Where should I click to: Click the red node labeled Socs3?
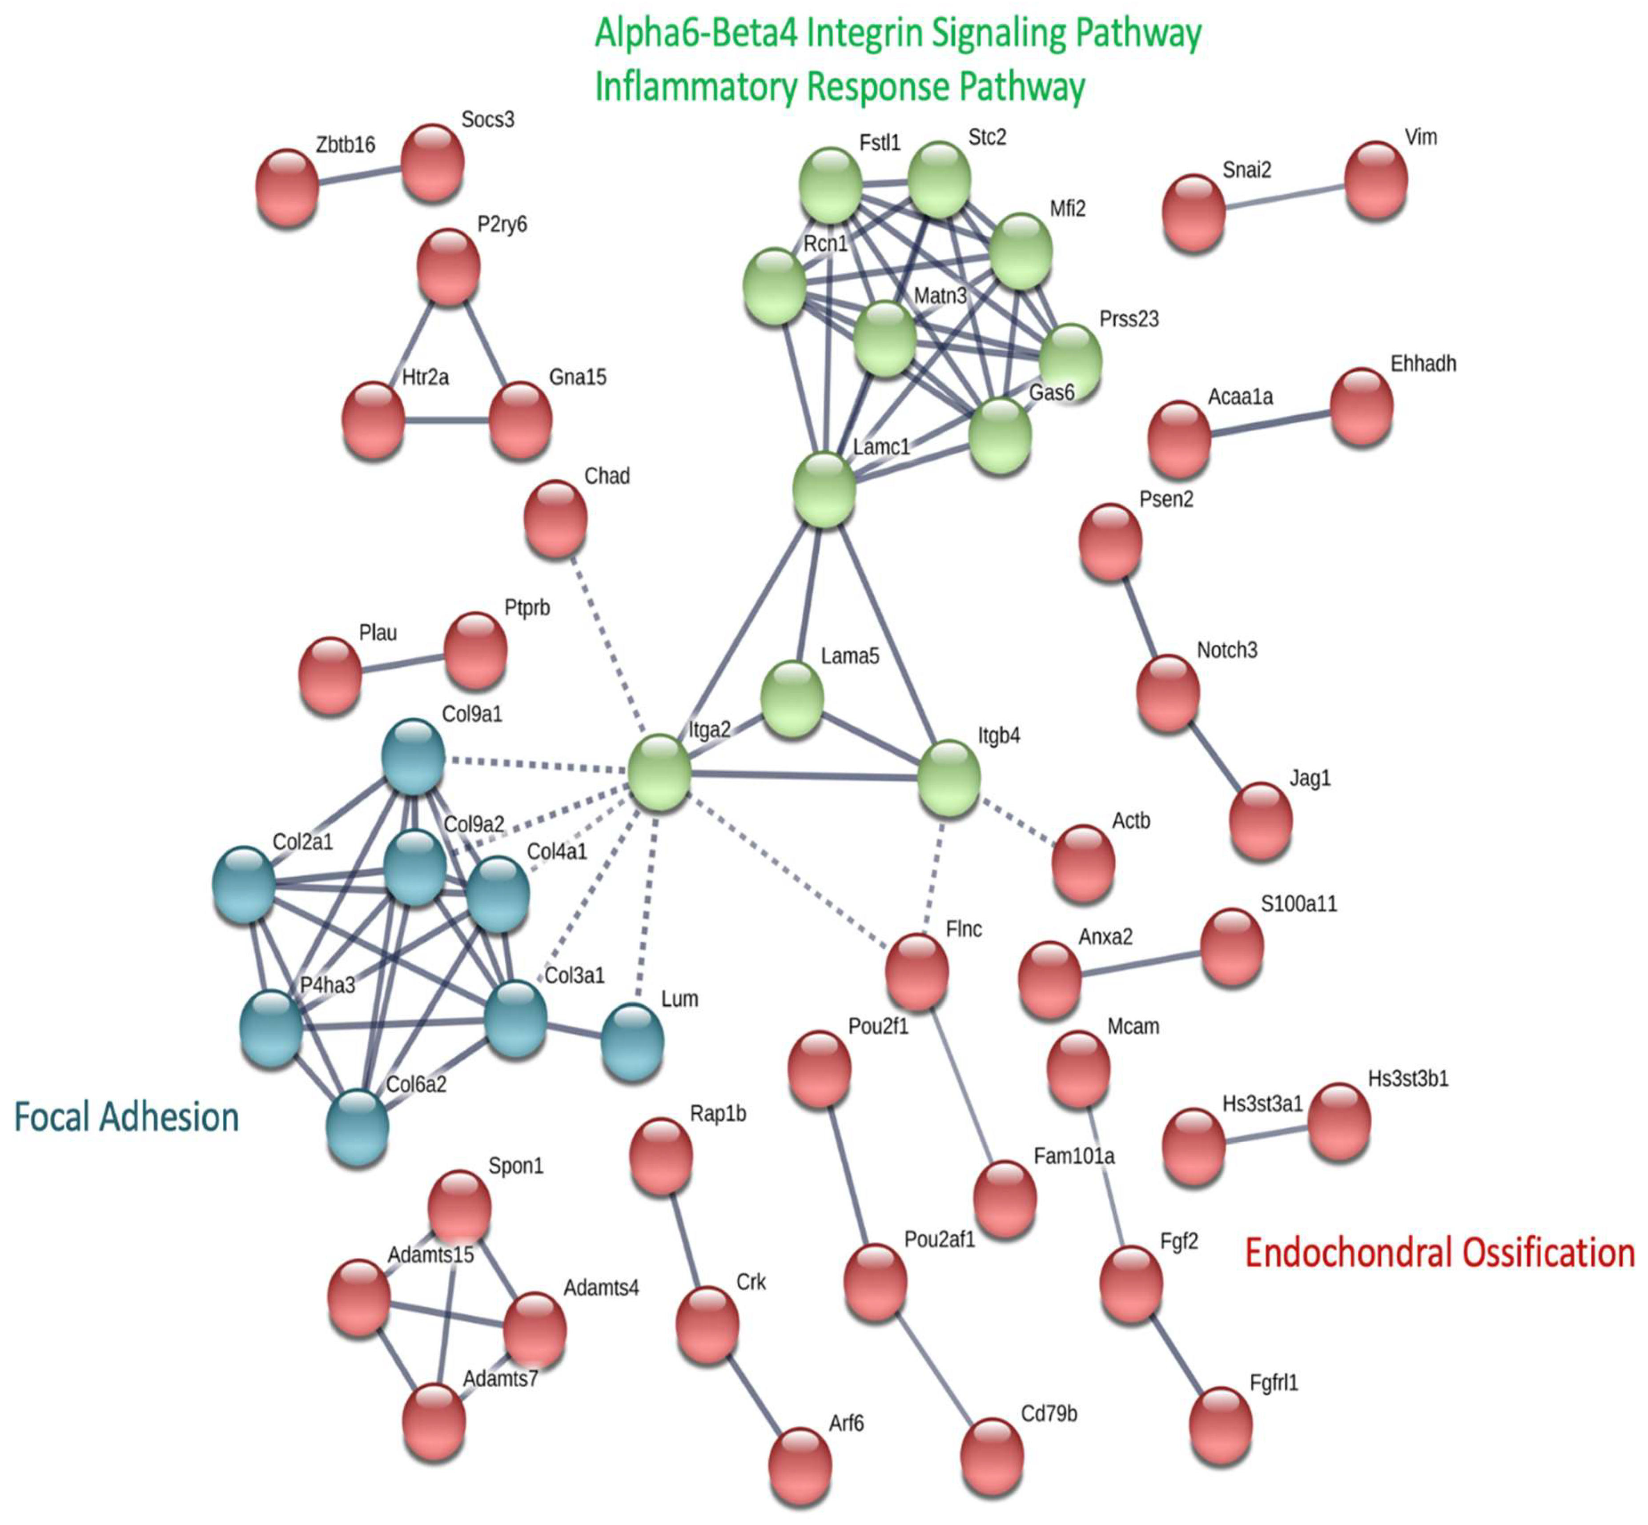(x=432, y=163)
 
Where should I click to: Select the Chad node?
(x=555, y=519)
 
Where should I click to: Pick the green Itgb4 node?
(x=949, y=778)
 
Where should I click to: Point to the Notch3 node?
(x=1168, y=693)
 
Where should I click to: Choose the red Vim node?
(x=1376, y=181)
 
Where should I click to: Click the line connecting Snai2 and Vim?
(x=1284, y=197)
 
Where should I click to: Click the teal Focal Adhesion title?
(x=126, y=1116)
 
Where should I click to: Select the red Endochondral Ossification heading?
(x=1439, y=1252)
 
